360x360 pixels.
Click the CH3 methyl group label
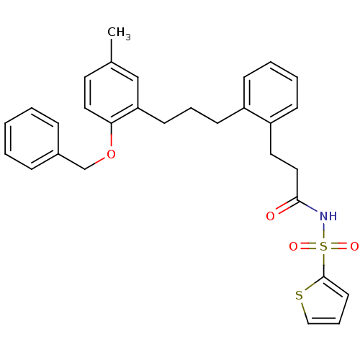[119, 33]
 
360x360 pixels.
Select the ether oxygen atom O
[111, 154]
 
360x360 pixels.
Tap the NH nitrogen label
[328, 216]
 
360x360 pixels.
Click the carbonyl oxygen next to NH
[270, 216]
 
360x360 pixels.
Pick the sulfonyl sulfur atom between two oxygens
[324, 246]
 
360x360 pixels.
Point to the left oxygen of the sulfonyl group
[293, 246]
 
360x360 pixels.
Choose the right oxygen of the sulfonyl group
[354, 246]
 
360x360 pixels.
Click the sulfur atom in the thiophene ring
[299, 295]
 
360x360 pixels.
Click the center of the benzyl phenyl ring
[32, 138]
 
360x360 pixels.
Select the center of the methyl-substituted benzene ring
[111, 93]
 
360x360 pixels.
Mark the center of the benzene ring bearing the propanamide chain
[271, 93]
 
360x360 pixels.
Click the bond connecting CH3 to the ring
[111, 50]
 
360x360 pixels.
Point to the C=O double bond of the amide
[285, 206]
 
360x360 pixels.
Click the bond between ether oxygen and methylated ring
[111, 135]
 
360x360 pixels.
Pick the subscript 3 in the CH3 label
[128, 37]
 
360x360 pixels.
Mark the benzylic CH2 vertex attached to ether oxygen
[85, 169]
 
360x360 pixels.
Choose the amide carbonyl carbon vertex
[297, 200]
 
